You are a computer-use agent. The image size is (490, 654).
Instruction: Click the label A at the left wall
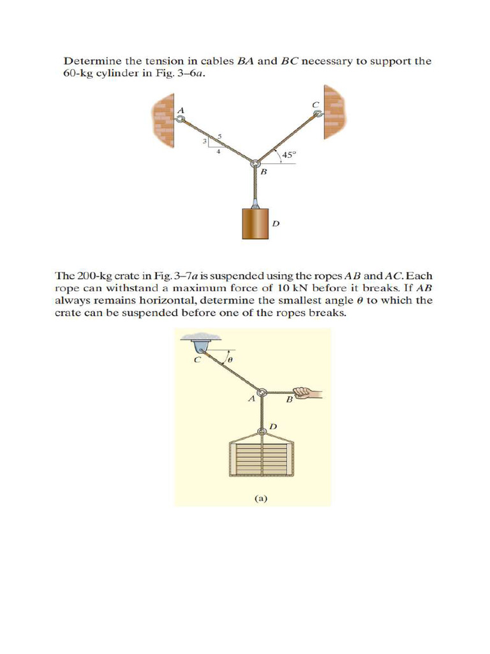point(181,110)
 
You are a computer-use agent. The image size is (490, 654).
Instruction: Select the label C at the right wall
point(315,104)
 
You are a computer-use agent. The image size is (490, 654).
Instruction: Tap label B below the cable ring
point(263,172)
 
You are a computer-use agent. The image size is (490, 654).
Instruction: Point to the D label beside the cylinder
point(276,223)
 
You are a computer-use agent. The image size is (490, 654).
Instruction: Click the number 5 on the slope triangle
point(219,136)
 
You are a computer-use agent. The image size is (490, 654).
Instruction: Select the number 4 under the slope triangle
point(218,152)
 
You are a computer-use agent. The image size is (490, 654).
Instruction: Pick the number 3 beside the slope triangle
point(204,141)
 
